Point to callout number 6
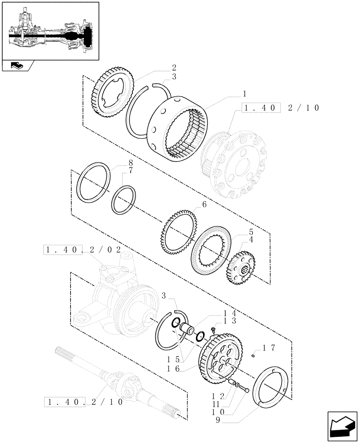[x=204, y=205]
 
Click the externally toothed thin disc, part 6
[x=179, y=232]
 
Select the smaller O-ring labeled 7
[x=124, y=200]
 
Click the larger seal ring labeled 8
[x=94, y=182]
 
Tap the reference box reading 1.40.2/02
[x=82, y=250]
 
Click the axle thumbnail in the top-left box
[x=50, y=31]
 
